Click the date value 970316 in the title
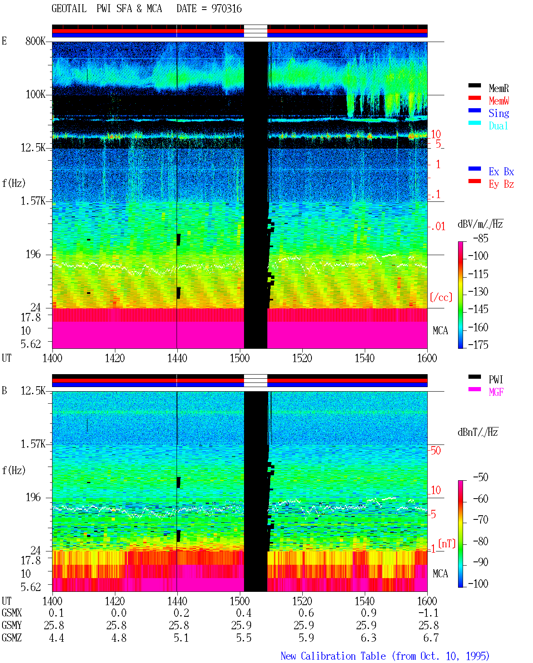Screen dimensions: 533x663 tap(227, 9)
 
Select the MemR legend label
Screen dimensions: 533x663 tap(499, 88)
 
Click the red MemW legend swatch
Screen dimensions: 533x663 tap(474, 98)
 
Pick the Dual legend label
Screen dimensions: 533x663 tap(498, 126)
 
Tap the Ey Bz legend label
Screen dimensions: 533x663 tap(501, 184)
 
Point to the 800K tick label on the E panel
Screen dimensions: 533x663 tap(35, 41)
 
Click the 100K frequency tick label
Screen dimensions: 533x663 tap(35, 94)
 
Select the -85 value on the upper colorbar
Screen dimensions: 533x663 tap(481, 238)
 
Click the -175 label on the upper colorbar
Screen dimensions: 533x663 tap(478, 345)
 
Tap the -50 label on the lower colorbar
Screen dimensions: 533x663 tap(481, 477)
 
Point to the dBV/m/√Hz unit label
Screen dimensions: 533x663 tap(481, 224)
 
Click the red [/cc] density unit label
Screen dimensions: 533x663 tap(441, 297)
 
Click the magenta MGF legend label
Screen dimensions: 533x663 tap(496, 392)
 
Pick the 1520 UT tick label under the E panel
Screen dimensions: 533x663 tap(302, 358)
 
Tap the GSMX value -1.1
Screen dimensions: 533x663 tap(428, 613)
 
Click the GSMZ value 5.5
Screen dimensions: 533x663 tap(244, 638)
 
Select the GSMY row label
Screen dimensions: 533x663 tap(12, 626)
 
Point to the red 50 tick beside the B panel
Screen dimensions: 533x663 tap(436, 451)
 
